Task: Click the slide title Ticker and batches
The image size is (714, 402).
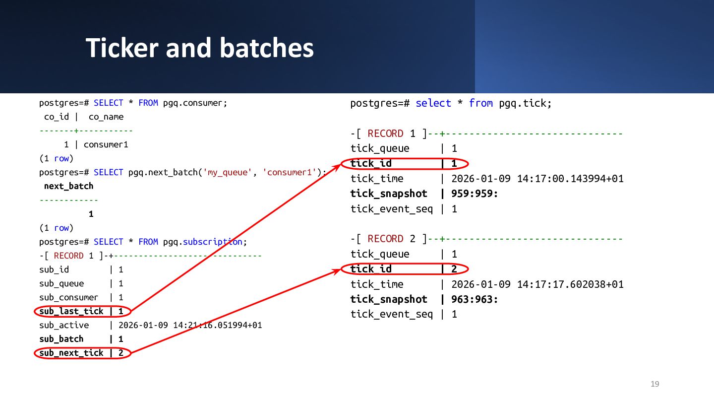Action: point(200,48)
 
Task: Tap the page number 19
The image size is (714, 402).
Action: point(654,384)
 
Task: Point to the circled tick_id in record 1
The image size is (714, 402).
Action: point(404,164)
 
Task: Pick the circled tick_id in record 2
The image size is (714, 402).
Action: point(404,269)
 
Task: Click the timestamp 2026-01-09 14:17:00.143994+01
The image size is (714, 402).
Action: point(537,179)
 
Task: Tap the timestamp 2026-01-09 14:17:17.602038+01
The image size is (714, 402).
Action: point(537,284)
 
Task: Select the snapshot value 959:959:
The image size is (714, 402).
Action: point(475,194)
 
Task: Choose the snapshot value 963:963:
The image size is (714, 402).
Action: point(475,299)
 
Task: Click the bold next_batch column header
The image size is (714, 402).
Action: point(68,187)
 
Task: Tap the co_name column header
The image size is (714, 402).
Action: point(106,117)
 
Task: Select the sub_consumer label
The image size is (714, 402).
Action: point(68,298)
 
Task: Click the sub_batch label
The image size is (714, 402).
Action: point(61,339)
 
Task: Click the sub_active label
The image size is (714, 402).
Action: point(64,326)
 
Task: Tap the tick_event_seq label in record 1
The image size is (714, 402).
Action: point(392,209)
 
